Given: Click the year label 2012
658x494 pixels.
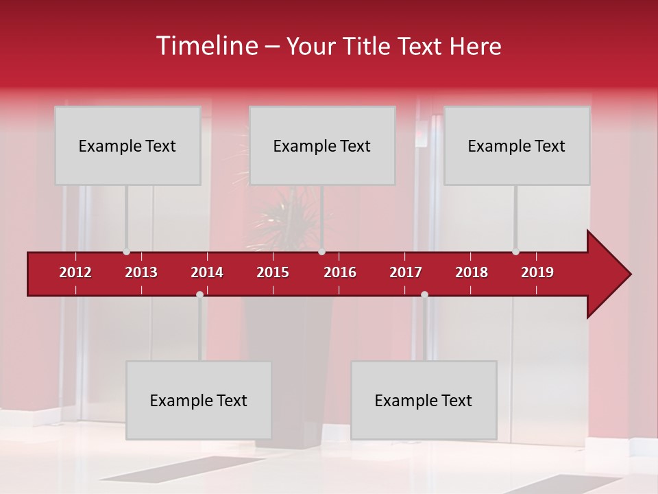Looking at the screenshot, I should tap(75, 272).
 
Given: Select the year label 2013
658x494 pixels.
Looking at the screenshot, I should tap(141, 272).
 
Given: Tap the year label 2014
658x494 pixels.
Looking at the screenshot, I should tap(207, 272).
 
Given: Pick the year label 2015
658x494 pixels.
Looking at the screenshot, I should tap(273, 272).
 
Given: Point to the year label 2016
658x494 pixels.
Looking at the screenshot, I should tap(340, 272).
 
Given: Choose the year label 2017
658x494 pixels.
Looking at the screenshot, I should tap(406, 272).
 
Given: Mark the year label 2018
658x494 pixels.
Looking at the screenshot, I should tap(472, 272).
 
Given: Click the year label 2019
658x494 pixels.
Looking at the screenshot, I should tap(537, 272).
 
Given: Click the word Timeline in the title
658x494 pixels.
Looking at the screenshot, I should tap(206, 46).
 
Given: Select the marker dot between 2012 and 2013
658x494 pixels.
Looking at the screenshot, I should tap(126, 252).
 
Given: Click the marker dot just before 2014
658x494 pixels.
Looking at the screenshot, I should tap(199, 294).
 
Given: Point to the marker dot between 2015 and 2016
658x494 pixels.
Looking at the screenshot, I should tap(321, 252).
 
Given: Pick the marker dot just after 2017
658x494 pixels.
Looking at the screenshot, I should tap(424, 294).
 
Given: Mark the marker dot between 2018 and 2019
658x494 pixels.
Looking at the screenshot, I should tap(515, 252).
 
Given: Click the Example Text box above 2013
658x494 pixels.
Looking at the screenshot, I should tap(127, 145).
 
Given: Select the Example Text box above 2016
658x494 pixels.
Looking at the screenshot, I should tap(322, 145).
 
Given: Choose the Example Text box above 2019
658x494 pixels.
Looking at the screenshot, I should tap(517, 145).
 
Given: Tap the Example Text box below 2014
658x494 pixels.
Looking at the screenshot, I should tap(199, 400).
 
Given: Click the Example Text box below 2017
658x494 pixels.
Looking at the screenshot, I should tap(424, 400).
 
